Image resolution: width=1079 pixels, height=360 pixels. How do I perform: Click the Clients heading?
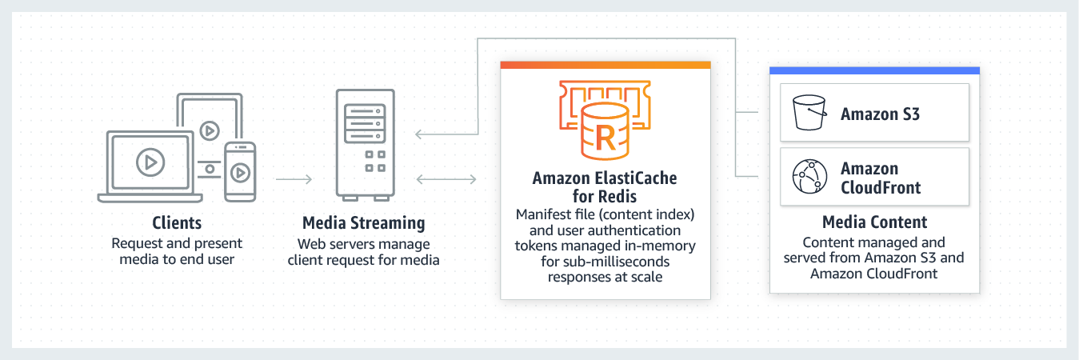tap(177, 222)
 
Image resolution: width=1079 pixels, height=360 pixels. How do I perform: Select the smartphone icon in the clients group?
tap(239, 171)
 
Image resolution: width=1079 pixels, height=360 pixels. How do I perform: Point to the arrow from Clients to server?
tap(294, 179)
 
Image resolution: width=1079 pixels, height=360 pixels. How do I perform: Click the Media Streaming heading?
tap(364, 222)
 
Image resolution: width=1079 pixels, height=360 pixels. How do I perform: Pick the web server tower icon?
tap(364, 143)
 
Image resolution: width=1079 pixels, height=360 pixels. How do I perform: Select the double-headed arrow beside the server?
tap(447, 179)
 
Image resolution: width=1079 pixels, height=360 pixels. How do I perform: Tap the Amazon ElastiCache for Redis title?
tap(605, 187)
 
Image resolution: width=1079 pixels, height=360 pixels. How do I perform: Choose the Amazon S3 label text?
tap(880, 114)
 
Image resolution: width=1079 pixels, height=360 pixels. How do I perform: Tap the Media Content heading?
tap(874, 222)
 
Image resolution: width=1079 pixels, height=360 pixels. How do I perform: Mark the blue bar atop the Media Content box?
tap(874, 70)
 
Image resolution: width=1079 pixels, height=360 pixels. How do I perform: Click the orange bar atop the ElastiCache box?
tap(605, 64)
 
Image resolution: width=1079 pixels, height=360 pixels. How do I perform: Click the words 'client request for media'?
tap(364, 259)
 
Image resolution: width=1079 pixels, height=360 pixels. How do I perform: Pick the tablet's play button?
tap(210, 129)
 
